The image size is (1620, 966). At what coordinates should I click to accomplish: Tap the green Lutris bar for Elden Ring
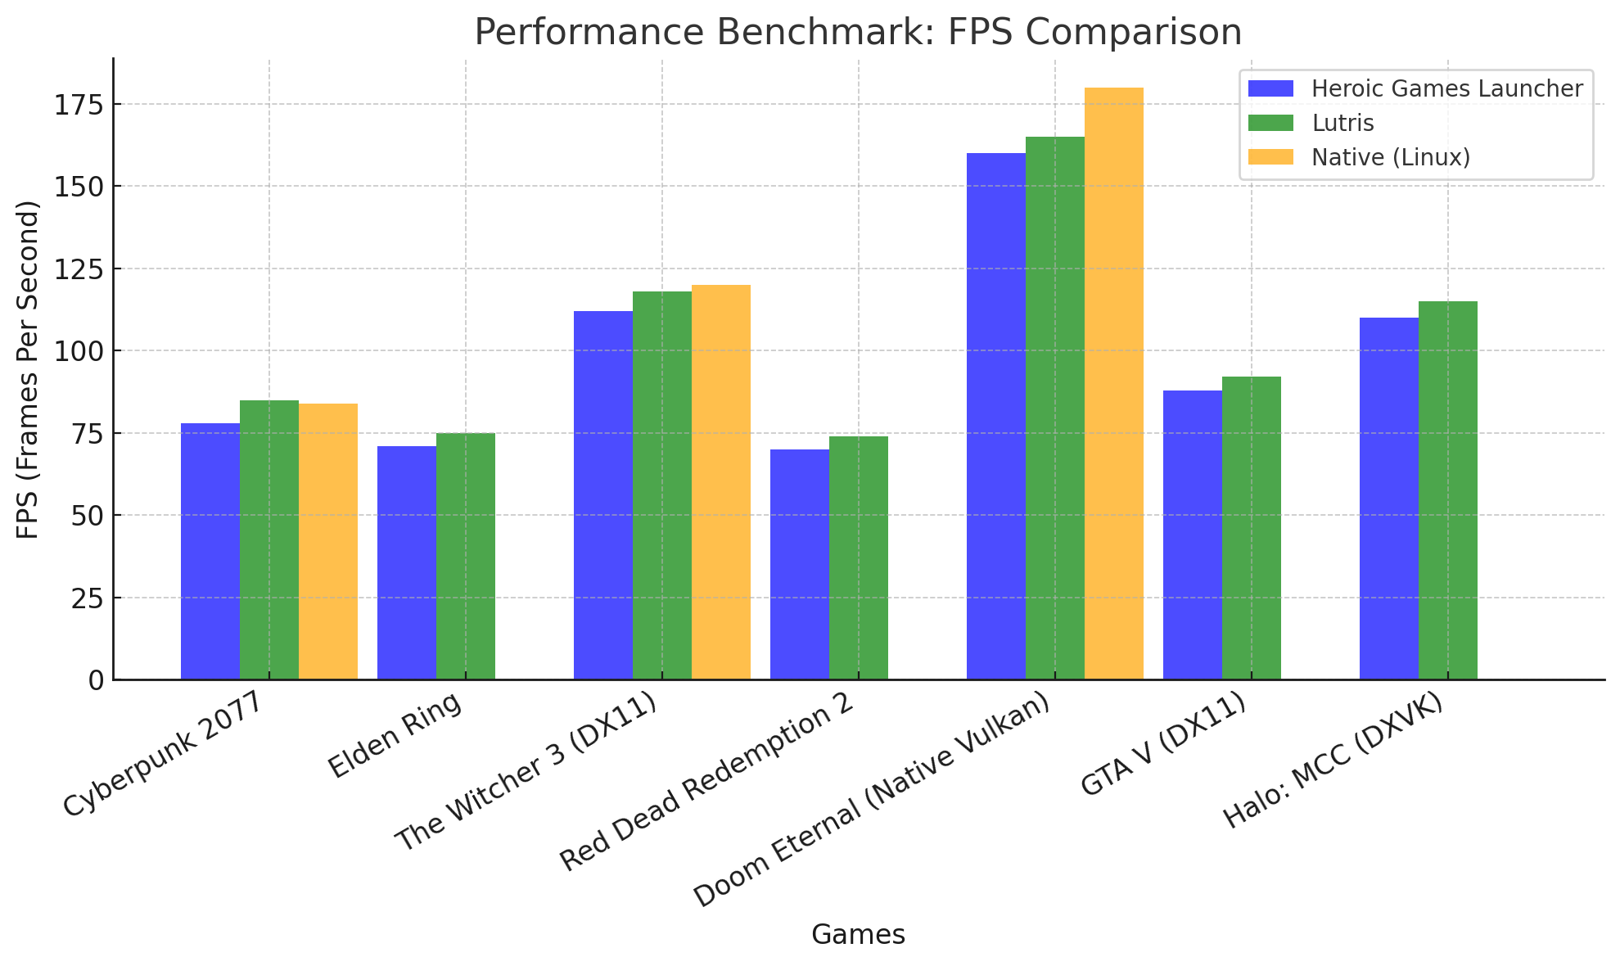[465, 556]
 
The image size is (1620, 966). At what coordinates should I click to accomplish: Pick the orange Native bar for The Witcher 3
[720, 482]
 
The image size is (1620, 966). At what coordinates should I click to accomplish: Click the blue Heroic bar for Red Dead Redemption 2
[799, 564]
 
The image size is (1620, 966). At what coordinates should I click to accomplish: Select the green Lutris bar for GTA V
[1251, 528]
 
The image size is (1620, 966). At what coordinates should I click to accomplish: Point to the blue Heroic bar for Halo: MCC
[1388, 499]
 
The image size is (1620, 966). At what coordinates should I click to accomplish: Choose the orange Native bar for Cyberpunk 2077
[327, 541]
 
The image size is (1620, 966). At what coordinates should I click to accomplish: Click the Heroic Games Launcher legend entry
[1446, 88]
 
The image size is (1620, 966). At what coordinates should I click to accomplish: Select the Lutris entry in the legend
[1342, 123]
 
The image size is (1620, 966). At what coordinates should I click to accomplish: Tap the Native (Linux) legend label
[1390, 157]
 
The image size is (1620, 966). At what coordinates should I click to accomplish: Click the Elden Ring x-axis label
[395, 735]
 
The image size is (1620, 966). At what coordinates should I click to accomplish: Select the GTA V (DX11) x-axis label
[1163, 743]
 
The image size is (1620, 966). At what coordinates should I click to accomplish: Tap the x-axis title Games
[857, 934]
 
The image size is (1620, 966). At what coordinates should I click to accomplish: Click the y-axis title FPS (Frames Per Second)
[29, 369]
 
